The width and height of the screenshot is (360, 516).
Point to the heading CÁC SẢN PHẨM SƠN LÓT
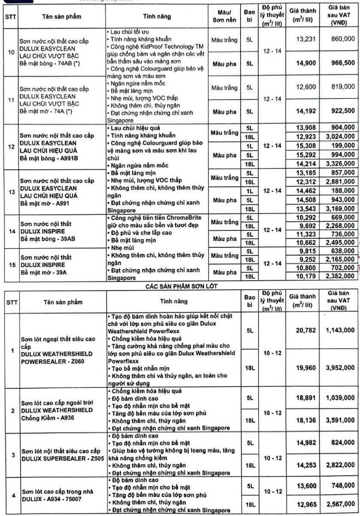click(180, 284)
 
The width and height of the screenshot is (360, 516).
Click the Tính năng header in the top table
click(157, 17)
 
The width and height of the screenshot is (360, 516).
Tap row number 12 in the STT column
click(12, 146)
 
